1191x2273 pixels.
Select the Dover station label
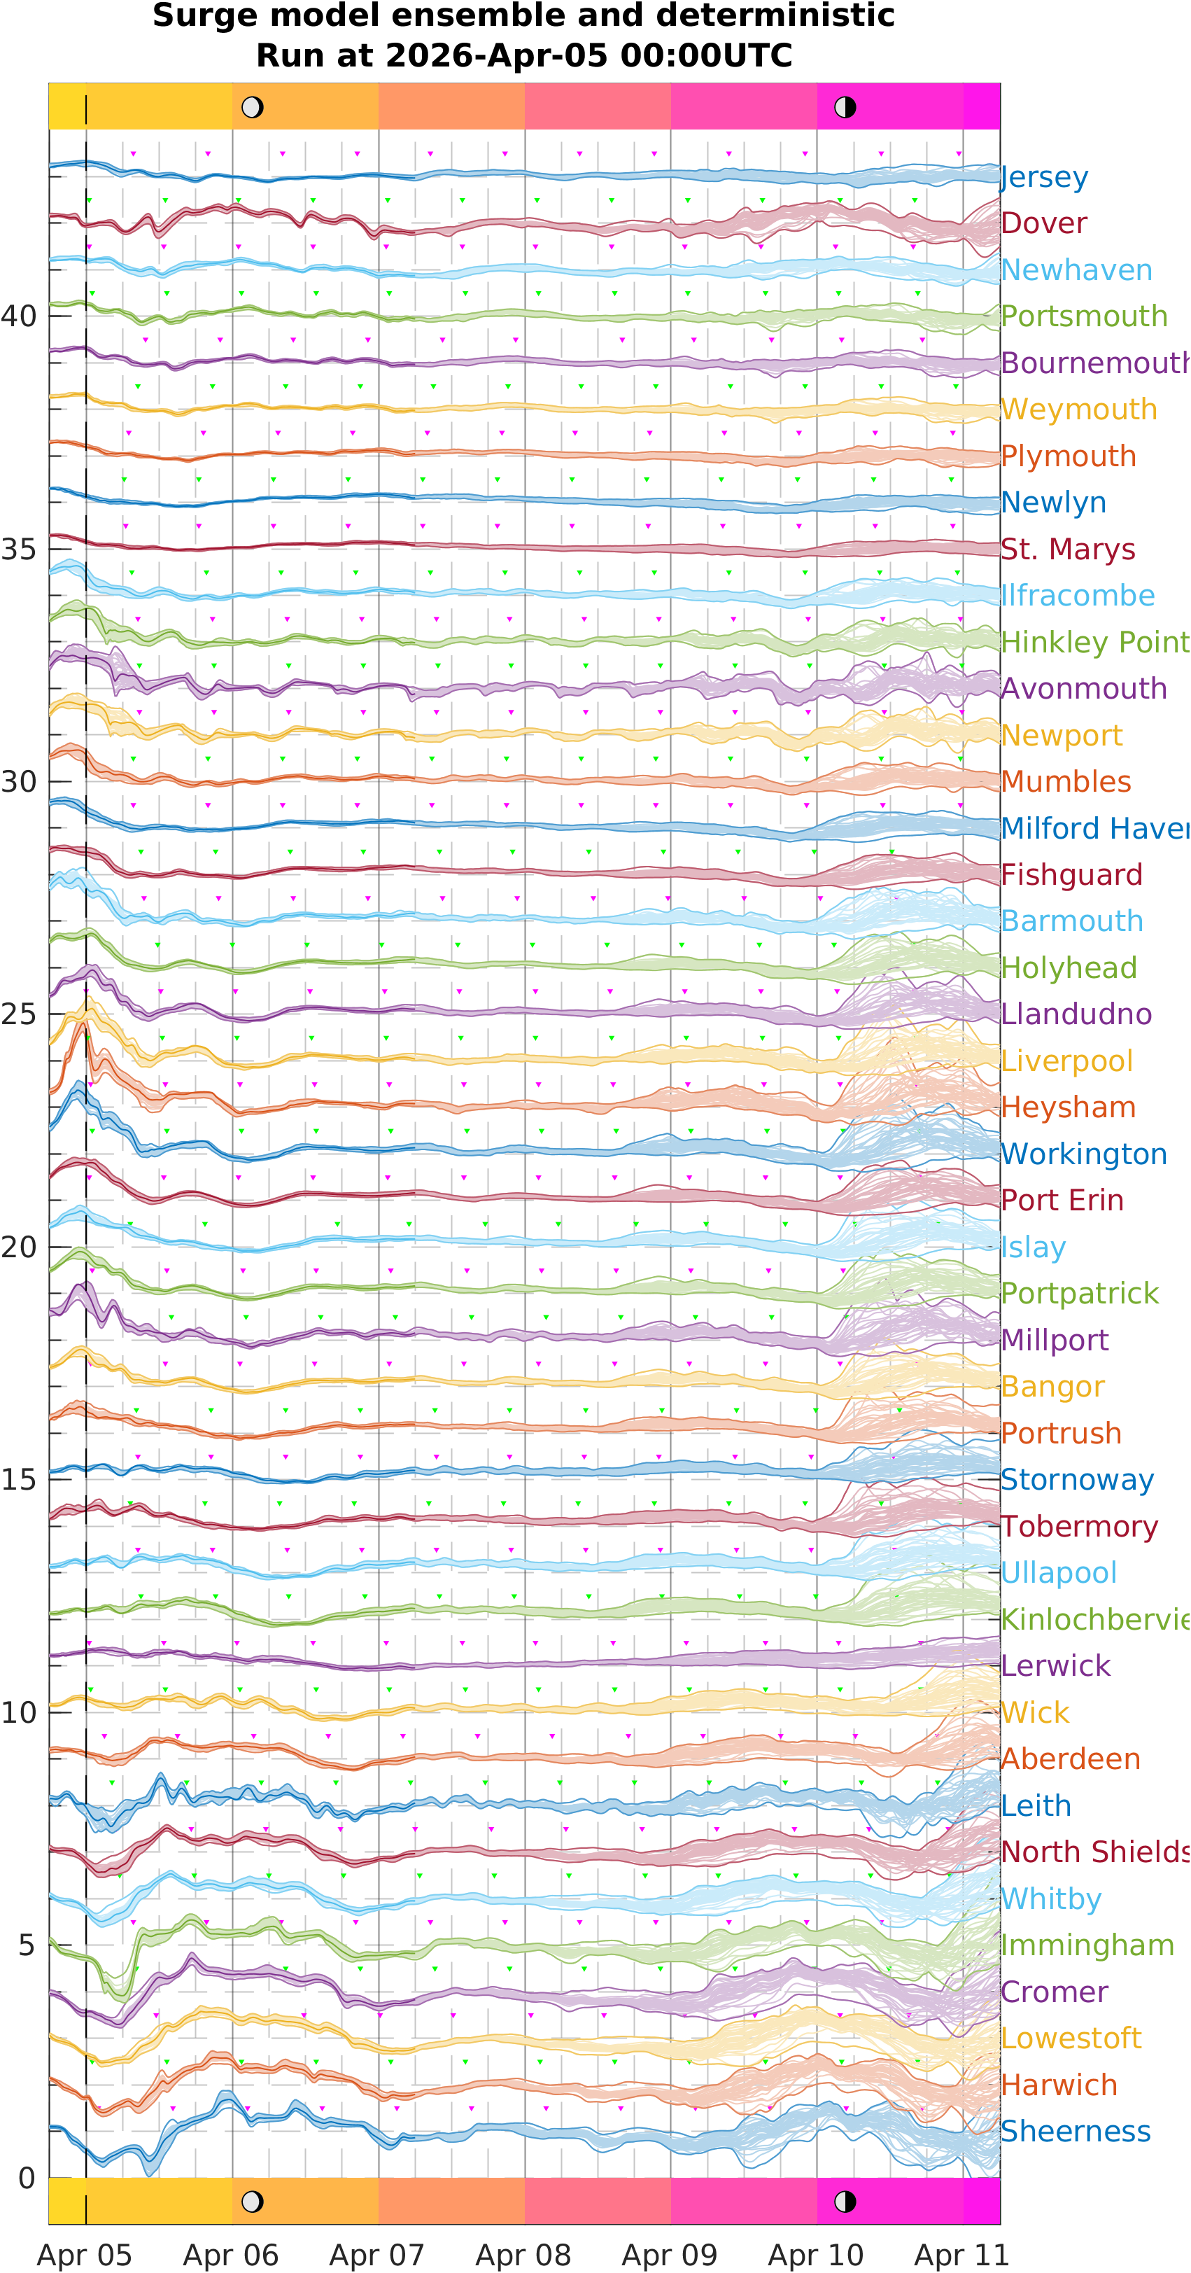[x=1043, y=223]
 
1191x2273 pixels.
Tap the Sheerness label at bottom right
[x=1075, y=2131]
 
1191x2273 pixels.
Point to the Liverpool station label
[x=1066, y=1061]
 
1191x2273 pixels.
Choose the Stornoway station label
[x=1076, y=1480]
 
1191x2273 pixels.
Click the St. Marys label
[x=1067, y=549]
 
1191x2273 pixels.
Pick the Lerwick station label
[x=1055, y=1666]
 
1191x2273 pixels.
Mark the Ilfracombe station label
[x=1077, y=596]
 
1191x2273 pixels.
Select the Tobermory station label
[x=1079, y=1527]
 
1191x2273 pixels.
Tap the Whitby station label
[x=1051, y=1899]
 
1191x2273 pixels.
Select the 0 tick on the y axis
[x=27, y=2178]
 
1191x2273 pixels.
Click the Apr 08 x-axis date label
[x=523, y=2255]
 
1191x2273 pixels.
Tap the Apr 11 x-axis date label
[x=961, y=2255]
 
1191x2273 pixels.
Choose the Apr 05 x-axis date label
[x=85, y=2255]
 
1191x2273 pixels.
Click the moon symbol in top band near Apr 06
[x=253, y=108]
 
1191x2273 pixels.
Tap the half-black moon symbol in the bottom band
[x=845, y=2202]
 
